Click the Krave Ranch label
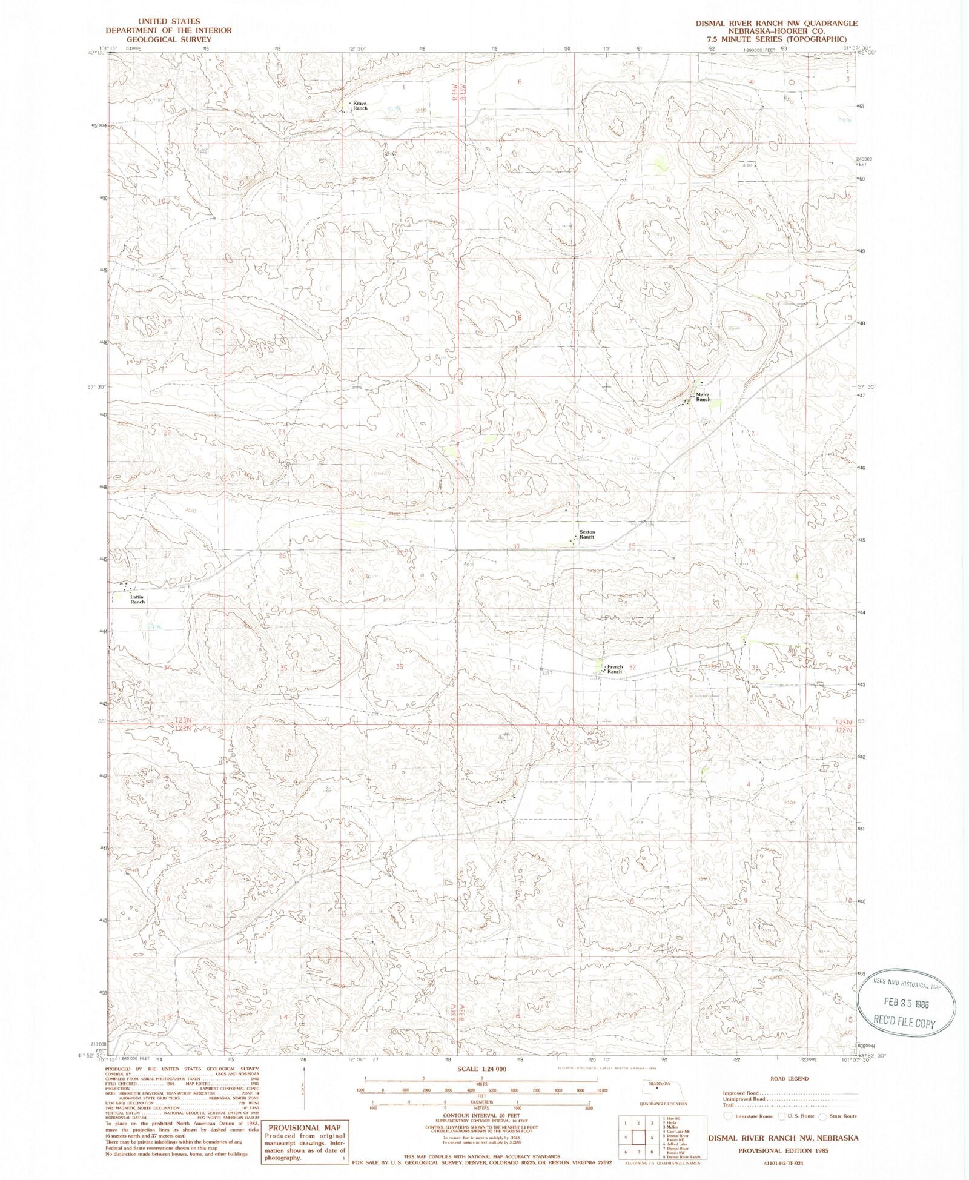tap(360, 105)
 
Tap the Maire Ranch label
tap(703, 397)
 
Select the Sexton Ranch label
tap(587, 534)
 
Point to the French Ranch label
tap(614, 669)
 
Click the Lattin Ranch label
tap(137, 599)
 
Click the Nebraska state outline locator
tap(656, 1086)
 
